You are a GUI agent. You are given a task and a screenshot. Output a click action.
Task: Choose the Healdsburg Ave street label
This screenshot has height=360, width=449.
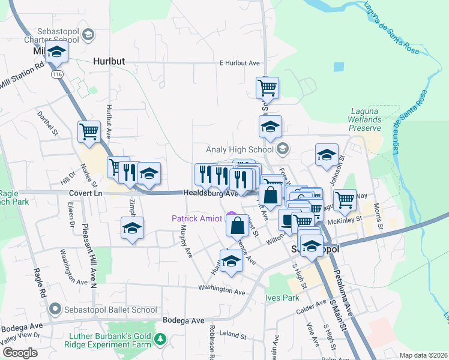pos(210,194)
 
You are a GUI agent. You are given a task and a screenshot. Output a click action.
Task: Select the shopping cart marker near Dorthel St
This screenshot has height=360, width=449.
pos(89,131)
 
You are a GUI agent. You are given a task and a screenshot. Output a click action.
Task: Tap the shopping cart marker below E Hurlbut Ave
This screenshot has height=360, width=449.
pos(267,88)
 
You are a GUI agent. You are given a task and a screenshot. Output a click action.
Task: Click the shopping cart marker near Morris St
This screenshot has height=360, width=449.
pos(345,199)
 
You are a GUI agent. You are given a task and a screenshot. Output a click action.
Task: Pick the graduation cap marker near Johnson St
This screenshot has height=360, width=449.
pos(327,155)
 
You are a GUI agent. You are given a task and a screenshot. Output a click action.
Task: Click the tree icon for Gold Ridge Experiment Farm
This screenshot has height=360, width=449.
pos(160,340)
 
